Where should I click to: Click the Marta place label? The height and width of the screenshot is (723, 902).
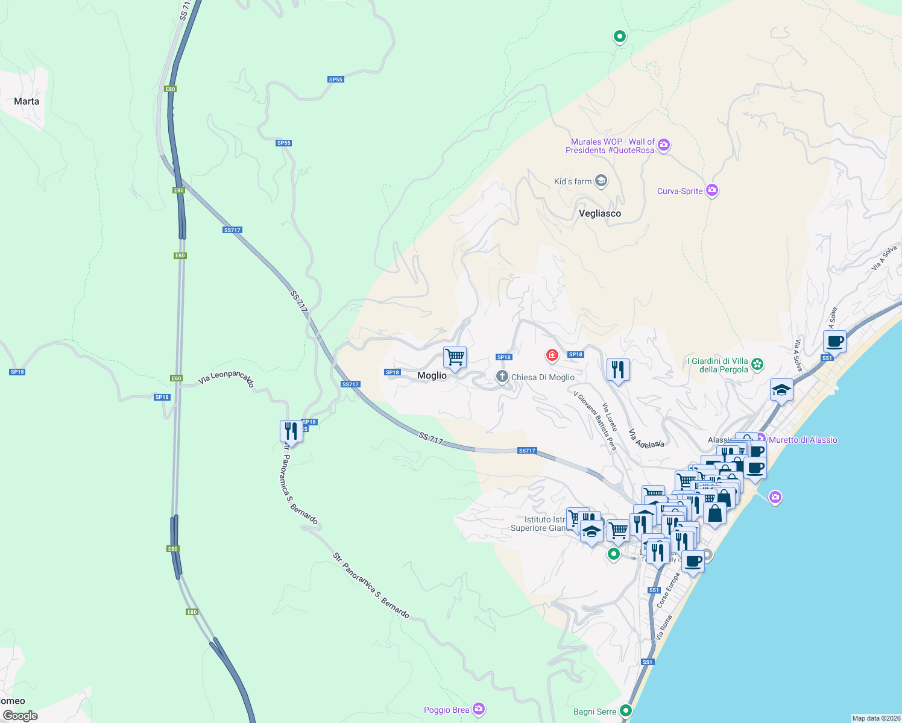click(27, 101)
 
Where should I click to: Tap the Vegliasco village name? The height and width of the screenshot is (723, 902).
click(599, 213)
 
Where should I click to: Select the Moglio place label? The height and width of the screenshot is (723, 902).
click(432, 375)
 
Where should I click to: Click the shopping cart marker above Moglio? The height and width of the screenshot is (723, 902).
click(455, 357)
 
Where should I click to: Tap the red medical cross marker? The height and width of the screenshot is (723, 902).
click(552, 355)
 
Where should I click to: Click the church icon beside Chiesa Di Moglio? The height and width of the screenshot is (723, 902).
click(502, 377)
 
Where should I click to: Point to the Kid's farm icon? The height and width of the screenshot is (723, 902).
click(601, 181)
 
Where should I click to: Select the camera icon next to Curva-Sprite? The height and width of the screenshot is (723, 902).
click(712, 190)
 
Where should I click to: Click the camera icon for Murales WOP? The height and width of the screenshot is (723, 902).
click(664, 145)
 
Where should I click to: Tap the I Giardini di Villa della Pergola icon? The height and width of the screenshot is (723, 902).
click(757, 364)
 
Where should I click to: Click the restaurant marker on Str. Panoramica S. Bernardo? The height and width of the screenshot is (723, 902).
click(291, 431)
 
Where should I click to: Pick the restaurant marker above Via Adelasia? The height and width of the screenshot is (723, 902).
click(617, 369)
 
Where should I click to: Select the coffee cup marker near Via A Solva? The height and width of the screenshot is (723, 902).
click(834, 342)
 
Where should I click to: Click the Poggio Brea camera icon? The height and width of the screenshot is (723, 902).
click(479, 709)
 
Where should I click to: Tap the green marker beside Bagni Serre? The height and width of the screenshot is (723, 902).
click(626, 711)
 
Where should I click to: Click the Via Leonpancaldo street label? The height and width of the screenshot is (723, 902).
click(226, 378)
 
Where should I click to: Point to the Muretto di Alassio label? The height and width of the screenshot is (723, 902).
click(803, 440)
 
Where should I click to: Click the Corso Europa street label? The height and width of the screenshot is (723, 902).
click(668, 590)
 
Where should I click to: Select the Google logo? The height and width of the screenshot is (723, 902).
click(20, 716)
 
